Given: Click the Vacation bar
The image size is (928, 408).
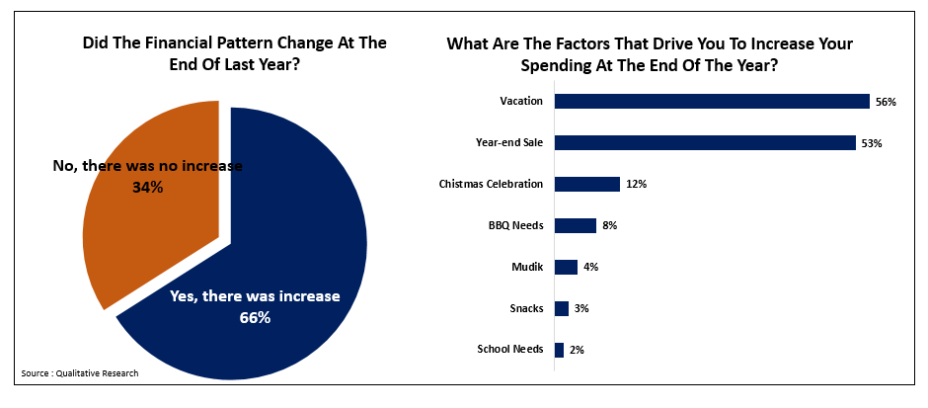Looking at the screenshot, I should pos(711,101).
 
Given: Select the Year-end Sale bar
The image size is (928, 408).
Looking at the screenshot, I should pos(705,142).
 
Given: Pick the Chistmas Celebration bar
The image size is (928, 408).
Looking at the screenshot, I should pos(587,184).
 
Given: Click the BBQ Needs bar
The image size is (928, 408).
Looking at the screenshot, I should pos(576,225).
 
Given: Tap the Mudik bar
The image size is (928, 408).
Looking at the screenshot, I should pos(566,267).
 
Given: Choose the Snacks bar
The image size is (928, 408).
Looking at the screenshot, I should pos(562,308).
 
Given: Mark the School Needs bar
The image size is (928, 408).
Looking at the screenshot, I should pos(559,350).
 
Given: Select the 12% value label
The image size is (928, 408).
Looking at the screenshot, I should pos(634,185).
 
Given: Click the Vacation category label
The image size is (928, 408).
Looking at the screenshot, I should pos(522,101).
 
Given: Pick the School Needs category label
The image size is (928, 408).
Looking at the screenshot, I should pos(509,350).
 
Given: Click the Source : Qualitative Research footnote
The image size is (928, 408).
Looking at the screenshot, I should pos(80,372).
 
